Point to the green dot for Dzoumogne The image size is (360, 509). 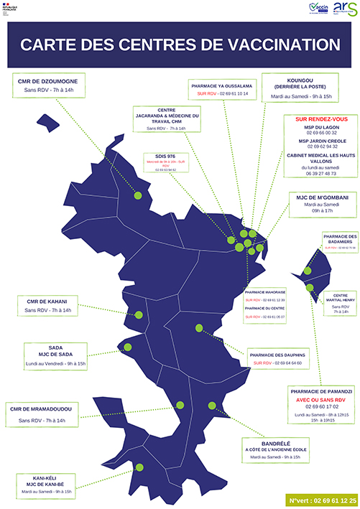137,195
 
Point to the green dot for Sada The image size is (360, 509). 128,347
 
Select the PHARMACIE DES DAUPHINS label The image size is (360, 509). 277,355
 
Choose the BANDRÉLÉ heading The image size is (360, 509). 275,443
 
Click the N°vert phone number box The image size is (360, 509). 323,499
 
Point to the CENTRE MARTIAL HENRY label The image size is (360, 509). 341,298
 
